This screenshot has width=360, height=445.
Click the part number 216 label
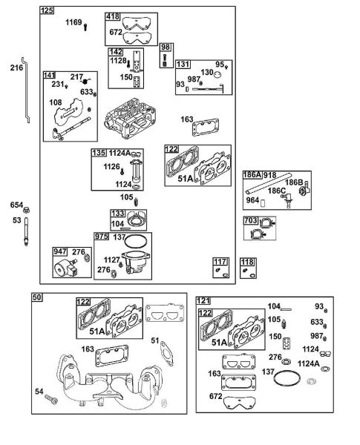pos(16,67)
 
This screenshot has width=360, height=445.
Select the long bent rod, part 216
pos(27,90)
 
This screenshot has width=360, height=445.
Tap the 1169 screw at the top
pos(85,27)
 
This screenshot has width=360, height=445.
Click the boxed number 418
pos(113,16)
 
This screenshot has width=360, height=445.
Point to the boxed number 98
pos(166,47)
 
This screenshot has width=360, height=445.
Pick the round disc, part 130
pos(217,74)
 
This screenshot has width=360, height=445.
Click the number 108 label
pos(56,102)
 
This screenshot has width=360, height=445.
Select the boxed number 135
pos(99,153)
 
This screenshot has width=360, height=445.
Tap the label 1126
pos(111,166)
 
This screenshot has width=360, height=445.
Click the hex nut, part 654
pos(27,211)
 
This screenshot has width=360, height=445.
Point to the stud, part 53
pos(26,231)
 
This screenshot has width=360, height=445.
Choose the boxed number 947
pos(60,251)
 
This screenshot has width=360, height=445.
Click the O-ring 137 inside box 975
pos(136,241)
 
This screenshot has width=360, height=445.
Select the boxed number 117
pos(220,262)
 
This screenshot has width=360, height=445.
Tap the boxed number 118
pos(247,262)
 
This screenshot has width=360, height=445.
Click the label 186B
pos(294,182)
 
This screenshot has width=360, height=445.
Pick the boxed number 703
pos(251,220)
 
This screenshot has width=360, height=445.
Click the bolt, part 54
pos(51,399)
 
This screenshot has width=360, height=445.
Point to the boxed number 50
pos(37,297)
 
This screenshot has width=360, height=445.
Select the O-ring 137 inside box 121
pos(287,378)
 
